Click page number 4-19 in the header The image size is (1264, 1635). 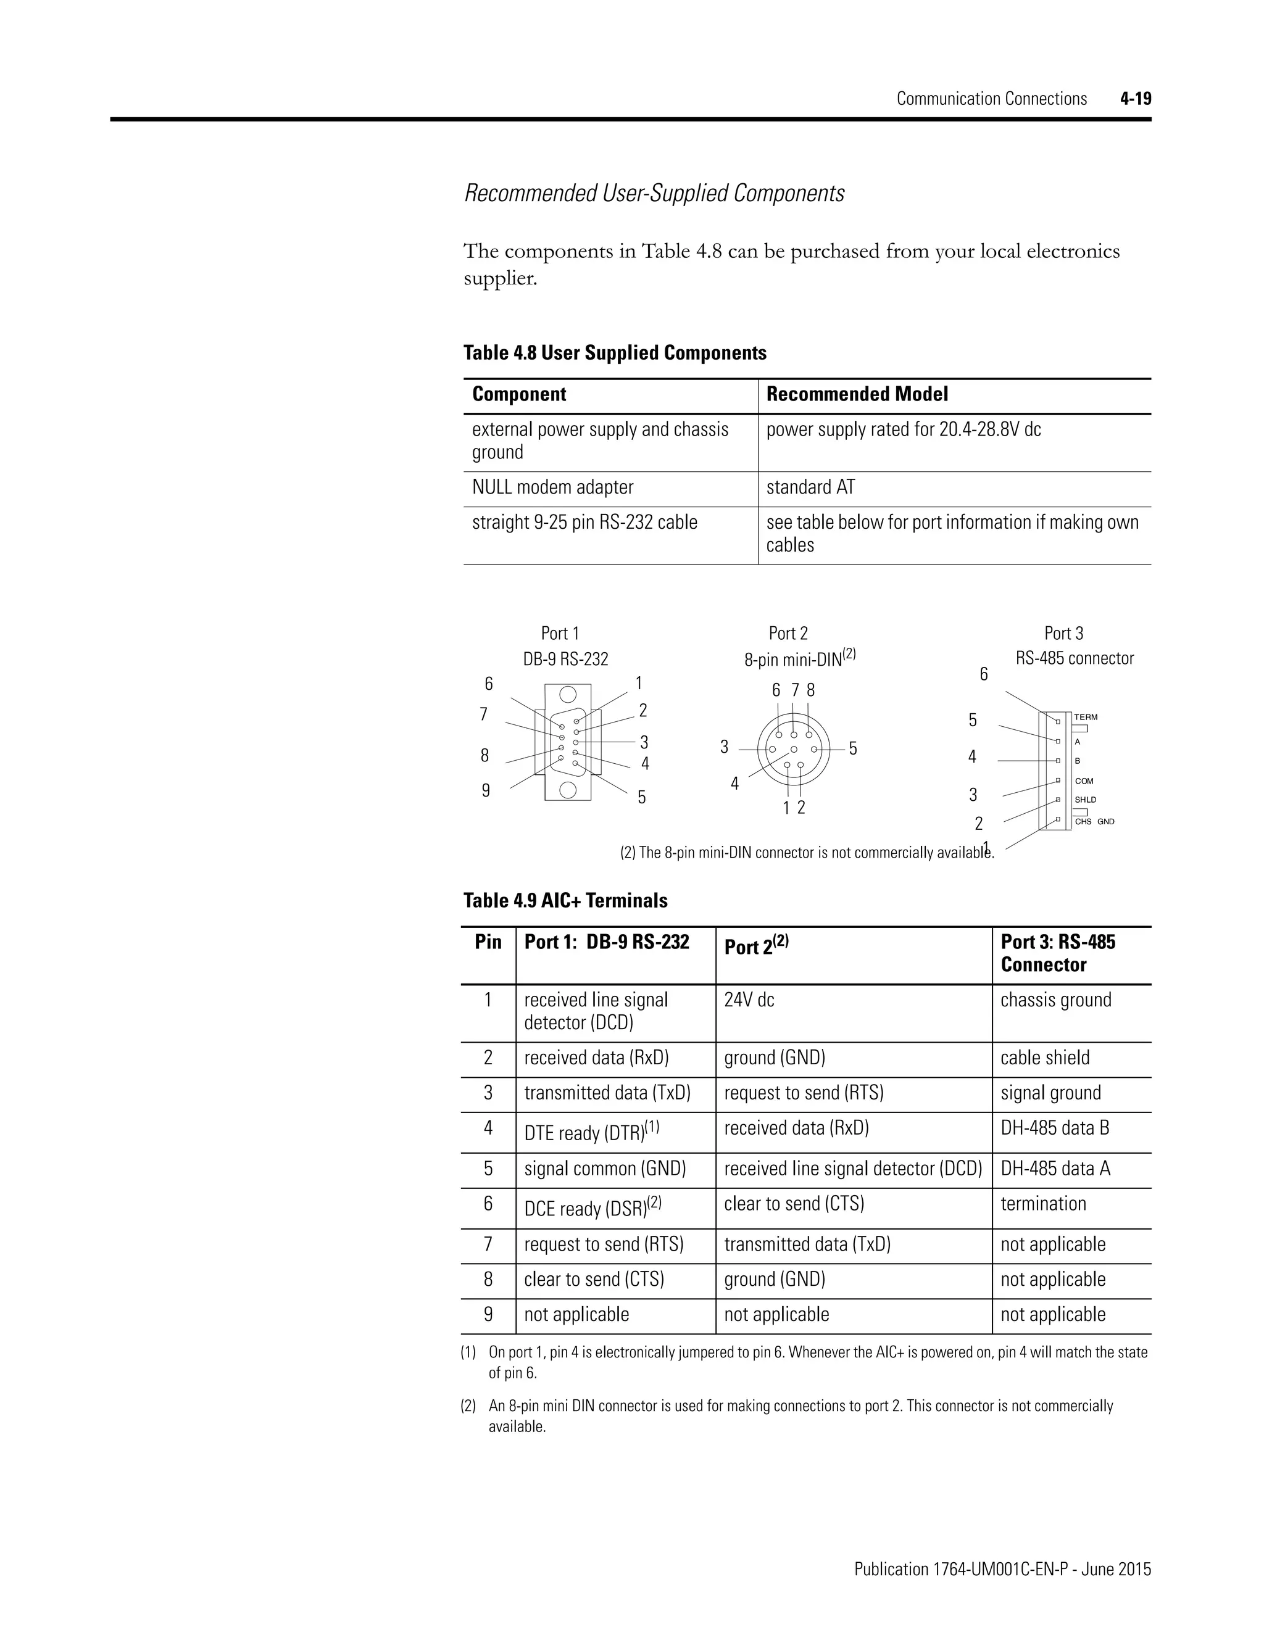(x=1135, y=99)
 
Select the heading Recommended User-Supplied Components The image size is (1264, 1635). (x=654, y=193)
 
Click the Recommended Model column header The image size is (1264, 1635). (x=857, y=394)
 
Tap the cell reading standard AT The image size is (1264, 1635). (x=810, y=487)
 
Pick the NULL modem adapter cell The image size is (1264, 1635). (x=552, y=487)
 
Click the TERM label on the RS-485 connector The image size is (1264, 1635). (x=1085, y=717)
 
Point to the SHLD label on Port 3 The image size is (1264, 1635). (x=1085, y=800)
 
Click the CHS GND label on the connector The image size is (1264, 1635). (x=1094, y=821)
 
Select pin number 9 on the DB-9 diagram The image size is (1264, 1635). (x=486, y=790)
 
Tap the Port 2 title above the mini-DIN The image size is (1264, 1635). (x=788, y=634)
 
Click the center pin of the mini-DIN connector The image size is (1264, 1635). (x=794, y=748)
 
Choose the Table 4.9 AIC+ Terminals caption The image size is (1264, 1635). (x=565, y=901)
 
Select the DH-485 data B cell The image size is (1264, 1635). (x=1054, y=1128)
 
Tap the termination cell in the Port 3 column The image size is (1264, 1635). (x=1043, y=1204)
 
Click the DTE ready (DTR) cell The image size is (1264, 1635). (x=591, y=1133)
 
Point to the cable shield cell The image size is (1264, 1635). (x=1045, y=1058)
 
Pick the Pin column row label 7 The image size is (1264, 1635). (x=488, y=1244)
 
